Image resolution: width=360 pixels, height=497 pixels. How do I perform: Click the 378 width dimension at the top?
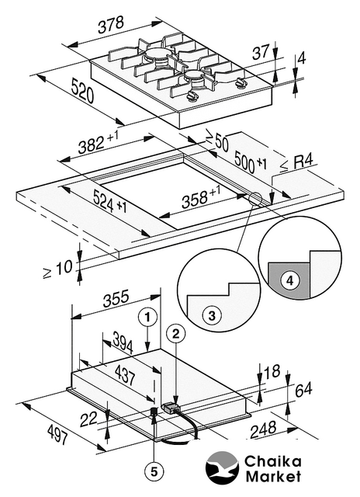(x=110, y=25)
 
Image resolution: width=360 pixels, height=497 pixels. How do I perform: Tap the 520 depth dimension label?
(x=82, y=91)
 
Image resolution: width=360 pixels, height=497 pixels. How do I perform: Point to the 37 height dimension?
(x=260, y=52)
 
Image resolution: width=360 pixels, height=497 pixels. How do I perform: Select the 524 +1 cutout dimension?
(x=109, y=202)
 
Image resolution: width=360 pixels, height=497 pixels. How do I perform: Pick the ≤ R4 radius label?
(x=297, y=164)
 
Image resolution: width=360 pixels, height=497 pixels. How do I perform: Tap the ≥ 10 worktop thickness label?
(x=57, y=269)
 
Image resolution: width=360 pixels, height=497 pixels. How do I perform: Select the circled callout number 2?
(x=175, y=333)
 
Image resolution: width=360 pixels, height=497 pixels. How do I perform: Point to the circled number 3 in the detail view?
(x=212, y=316)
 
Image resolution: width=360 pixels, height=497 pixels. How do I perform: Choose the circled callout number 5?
(x=154, y=472)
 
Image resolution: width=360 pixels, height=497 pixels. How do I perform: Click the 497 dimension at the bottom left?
(x=57, y=435)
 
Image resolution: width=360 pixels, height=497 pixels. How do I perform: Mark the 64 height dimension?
(x=303, y=390)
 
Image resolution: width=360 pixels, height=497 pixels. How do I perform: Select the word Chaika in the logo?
(x=272, y=462)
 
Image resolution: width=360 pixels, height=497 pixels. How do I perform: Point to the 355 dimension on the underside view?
(x=116, y=298)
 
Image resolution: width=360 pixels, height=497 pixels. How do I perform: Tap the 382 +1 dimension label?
(x=99, y=143)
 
